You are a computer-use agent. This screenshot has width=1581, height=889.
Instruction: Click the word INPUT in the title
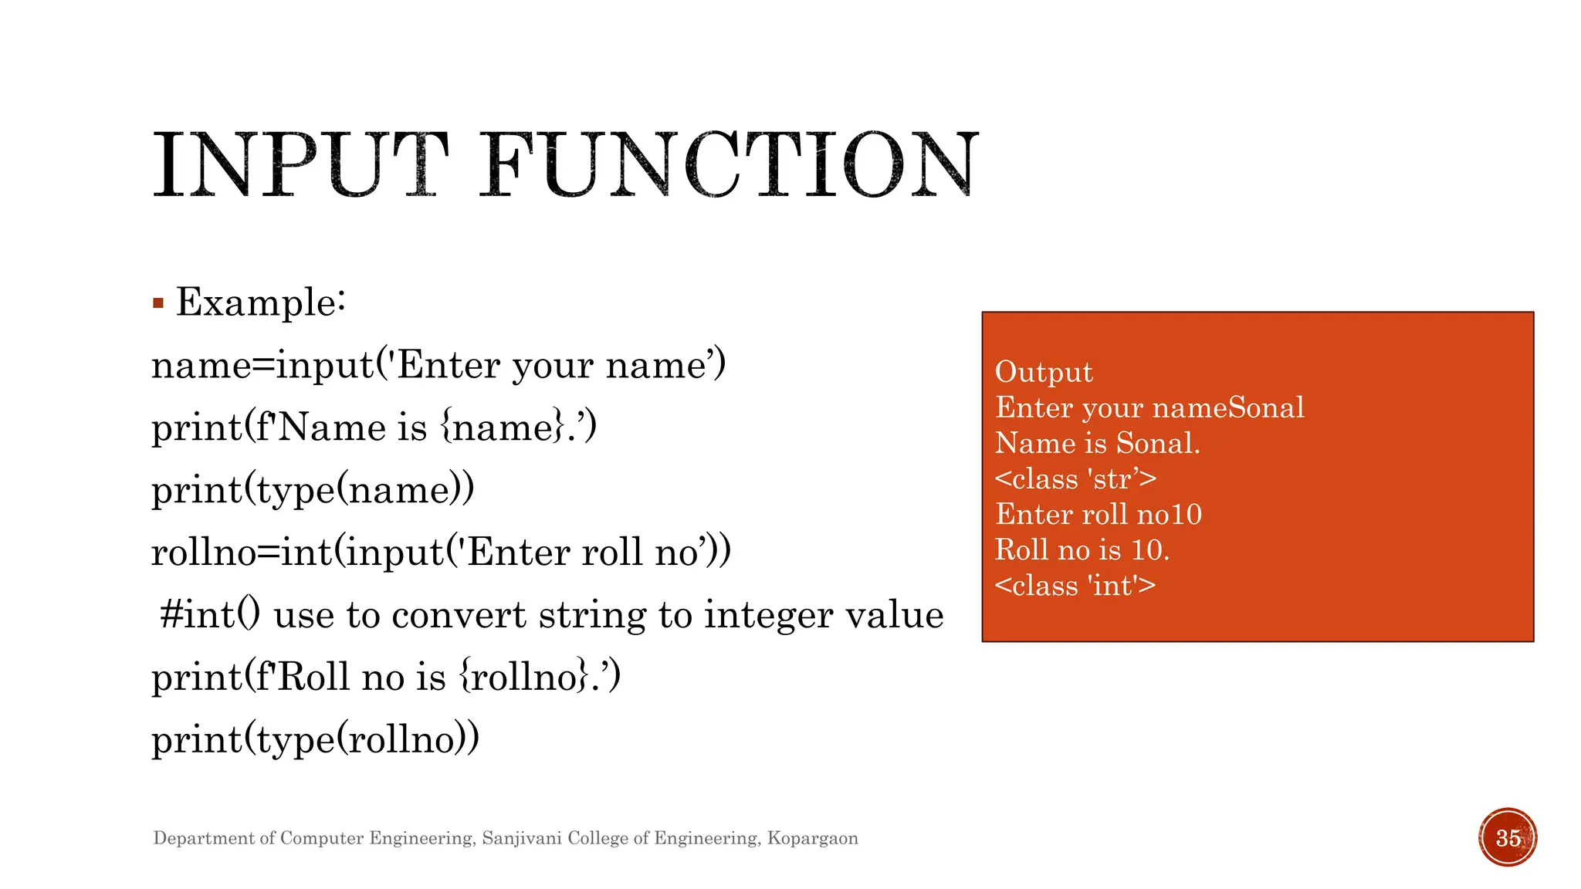click(300, 165)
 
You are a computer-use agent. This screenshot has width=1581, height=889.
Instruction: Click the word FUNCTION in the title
click(730, 165)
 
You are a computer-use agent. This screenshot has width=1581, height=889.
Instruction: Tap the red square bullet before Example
click(158, 303)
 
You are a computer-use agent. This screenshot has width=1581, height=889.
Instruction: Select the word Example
click(259, 302)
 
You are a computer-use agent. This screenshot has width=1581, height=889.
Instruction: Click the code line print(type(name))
click(313, 490)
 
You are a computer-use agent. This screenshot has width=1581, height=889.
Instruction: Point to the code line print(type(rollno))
click(315, 739)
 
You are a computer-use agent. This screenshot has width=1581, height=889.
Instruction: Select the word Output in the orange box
click(1044, 372)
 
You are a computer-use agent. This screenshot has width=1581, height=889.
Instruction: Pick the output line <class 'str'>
click(1075, 478)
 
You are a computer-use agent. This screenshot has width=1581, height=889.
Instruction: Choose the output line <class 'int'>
click(1075, 586)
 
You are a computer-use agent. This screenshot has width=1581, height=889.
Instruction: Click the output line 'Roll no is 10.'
click(1082, 550)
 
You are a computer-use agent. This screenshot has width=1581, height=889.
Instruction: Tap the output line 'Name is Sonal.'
click(1097, 443)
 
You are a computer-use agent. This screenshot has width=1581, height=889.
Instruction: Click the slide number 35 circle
click(1508, 837)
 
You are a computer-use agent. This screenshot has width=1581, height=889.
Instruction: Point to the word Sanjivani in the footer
click(522, 838)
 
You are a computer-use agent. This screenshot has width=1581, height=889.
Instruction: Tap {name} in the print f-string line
click(503, 428)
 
